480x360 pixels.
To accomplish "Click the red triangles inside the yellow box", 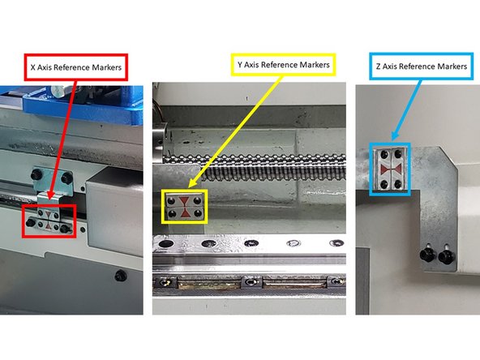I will (185, 205).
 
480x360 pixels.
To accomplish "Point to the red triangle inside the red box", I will (49, 216).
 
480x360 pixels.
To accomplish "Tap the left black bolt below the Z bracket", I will (424, 256).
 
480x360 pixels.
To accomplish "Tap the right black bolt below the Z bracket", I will (444, 254).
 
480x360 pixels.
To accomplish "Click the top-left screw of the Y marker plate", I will (173, 198).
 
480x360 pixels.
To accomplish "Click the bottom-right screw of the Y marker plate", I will (197, 213).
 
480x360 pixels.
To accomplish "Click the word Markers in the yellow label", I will (309, 64).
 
